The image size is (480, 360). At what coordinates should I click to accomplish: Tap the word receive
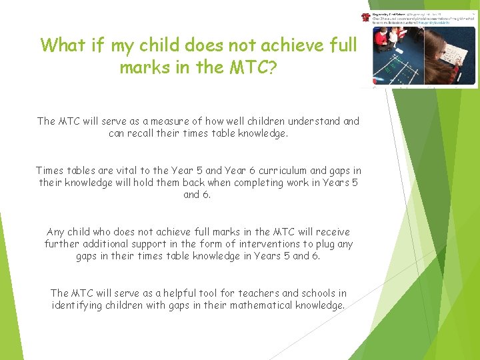[x=331, y=232]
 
